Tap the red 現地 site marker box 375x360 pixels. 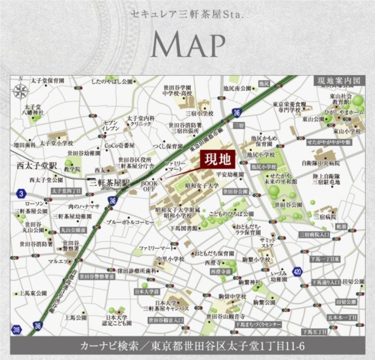[218, 159]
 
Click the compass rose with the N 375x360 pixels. [20, 91]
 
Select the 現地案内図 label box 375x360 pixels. [338, 81]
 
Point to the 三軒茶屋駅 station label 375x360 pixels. [110, 183]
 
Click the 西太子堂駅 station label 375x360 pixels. [36, 166]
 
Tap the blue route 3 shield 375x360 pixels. [21, 193]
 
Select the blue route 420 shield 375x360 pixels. [297, 272]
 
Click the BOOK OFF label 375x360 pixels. [149, 186]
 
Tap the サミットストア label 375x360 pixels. [267, 243]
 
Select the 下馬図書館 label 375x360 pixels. [184, 228]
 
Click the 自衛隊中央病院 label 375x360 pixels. [320, 163]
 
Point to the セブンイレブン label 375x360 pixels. [111, 125]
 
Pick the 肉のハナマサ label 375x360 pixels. [84, 206]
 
